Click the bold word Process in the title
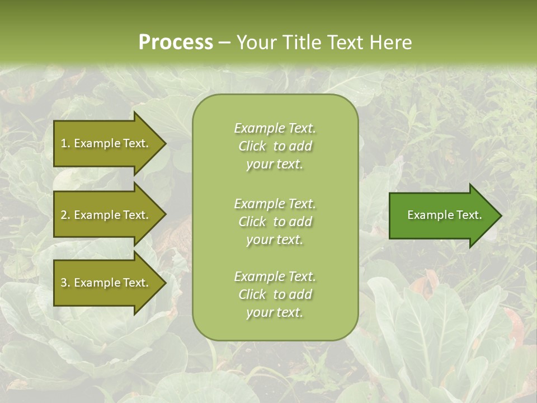[x=176, y=43]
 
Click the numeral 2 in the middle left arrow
[x=63, y=215]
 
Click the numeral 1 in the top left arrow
[x=63, y=143]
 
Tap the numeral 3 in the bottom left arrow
[x=63, y=283]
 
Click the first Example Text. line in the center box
[x=275, y=128]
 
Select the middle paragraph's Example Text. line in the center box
[x=275, y=204]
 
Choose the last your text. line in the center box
[x=275, y=312]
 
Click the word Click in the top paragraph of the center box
[x=252, y=146]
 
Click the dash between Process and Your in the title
[x=224, y=43]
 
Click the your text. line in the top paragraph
[x=275, y=164]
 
